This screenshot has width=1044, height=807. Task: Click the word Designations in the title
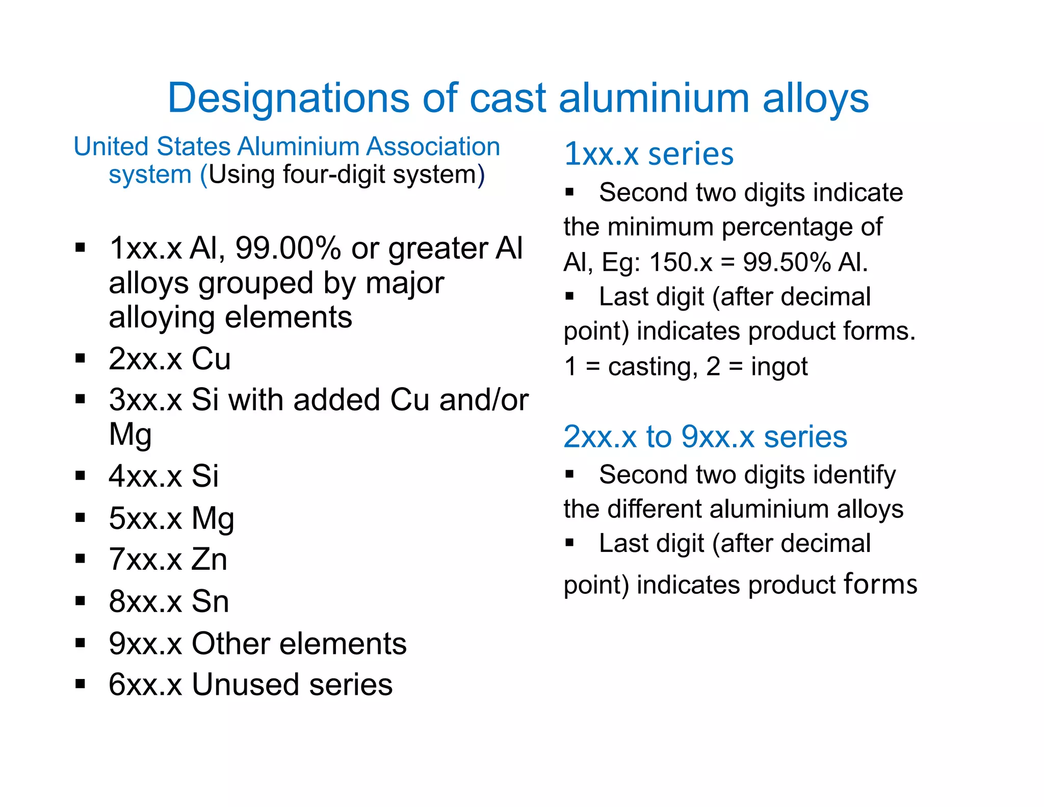289,98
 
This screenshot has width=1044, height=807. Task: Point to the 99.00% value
288,248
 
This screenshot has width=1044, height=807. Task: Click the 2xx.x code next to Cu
145,359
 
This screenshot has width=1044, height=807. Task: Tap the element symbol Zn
209,559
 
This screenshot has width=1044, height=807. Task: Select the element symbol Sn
210,601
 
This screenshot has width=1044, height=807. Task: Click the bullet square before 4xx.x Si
80,476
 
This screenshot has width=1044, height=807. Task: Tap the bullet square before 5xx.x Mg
80,518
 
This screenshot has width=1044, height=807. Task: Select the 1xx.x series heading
648,154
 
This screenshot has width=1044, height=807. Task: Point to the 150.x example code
681,262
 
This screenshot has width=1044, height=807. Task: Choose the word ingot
779,367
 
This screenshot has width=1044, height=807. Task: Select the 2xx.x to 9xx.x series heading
705,437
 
